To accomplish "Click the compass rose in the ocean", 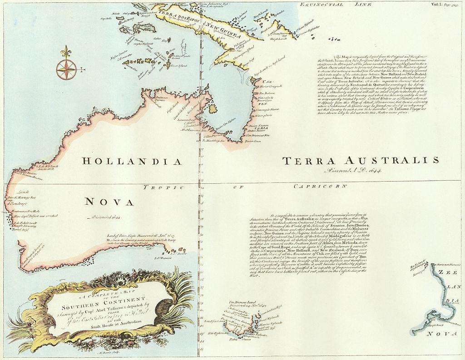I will tap(66, 69).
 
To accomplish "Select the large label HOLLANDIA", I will tap(132, 162).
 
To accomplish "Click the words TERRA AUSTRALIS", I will tap(361, 161).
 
